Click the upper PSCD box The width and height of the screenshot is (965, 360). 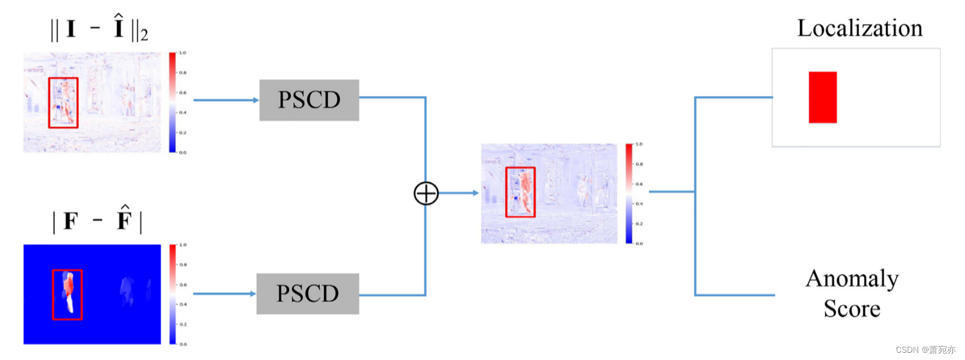click(309, 100)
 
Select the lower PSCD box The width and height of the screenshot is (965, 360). click(307, 294)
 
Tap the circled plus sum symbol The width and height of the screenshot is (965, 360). click(426, 193)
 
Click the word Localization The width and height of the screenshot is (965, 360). click(859, 28)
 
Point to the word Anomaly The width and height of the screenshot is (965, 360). click(852, 279)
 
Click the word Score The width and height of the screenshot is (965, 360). click(852, 309)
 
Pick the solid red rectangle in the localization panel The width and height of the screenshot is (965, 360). click(822, 97)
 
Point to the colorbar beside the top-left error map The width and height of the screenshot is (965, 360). click(172, 102)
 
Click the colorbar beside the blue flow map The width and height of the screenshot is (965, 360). click(172, 294)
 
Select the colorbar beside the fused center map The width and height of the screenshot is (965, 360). click(629, 194)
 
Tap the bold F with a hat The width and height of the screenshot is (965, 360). click(124, 219)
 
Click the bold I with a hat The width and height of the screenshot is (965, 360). click(119, 27)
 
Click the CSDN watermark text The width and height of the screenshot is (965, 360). click(925, 350)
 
